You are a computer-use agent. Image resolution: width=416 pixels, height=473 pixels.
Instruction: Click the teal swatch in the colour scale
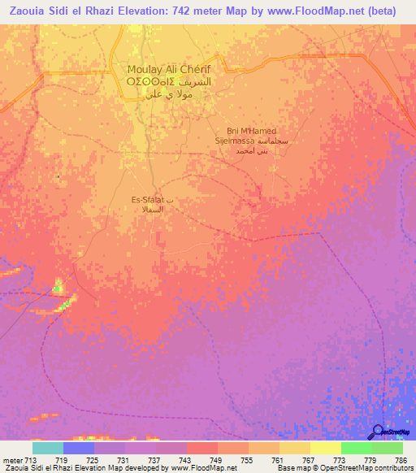click(48, 448)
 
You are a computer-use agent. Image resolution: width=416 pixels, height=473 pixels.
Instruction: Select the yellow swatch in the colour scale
click(326, 448)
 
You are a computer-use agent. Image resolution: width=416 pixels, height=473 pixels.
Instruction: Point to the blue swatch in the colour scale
click(79, 448)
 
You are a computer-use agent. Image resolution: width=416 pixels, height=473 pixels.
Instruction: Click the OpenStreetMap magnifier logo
click(378, 432)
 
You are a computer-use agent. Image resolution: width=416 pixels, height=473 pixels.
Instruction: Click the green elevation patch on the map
click(58, 287)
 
